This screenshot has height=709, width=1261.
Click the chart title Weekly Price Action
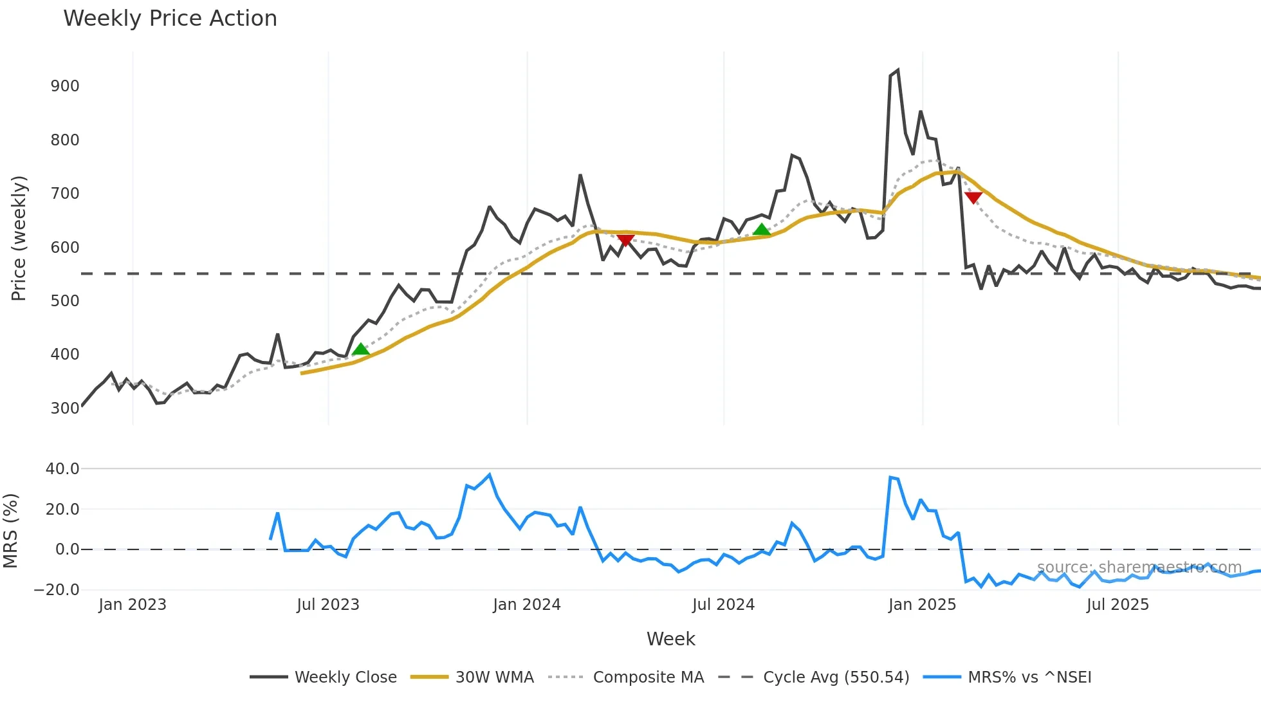170,19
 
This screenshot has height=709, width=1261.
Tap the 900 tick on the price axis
65,86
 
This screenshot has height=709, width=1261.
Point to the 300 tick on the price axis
65,408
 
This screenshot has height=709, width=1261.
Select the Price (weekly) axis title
19,238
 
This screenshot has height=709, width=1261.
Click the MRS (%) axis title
10,531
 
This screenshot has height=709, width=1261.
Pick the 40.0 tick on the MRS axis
62,469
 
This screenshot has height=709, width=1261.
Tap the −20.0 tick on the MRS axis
57,589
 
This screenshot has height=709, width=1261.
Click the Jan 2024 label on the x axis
527,605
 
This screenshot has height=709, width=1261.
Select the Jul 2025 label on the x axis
1118,605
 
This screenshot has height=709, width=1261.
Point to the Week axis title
670,639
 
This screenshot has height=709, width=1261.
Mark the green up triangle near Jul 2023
361,349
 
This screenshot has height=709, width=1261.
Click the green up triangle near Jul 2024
762,230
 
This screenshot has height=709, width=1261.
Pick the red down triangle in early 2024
625,240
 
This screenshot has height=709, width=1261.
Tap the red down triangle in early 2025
973,198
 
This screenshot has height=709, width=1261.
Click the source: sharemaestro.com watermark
1139,567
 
